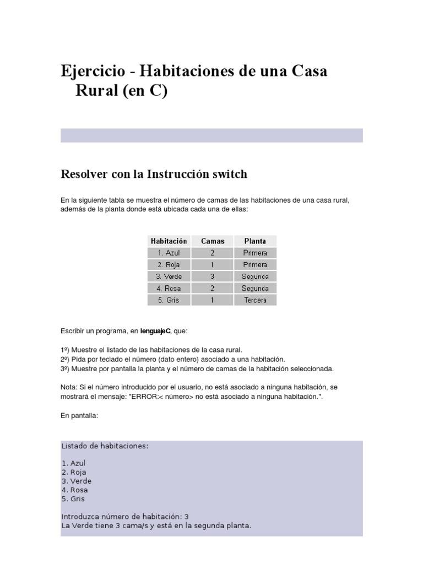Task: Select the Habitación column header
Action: point(169,241)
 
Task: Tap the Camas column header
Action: point(213,241)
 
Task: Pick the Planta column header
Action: point(254,241)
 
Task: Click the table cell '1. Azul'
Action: point(169,253)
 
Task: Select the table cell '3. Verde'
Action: point(169,276)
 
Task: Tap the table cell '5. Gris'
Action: point(169,300)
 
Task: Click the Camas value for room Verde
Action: point(213,276)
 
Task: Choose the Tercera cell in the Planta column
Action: point(254,300)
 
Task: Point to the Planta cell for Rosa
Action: point(254,288)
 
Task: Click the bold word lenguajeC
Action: point(155,332)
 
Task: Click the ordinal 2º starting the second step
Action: point(64,359)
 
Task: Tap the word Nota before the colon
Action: point(69,387)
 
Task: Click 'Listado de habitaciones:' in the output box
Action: point(105,446)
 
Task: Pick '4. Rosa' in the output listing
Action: point(75,490)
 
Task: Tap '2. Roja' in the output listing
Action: point(74,472)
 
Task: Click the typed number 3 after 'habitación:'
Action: point(187,517)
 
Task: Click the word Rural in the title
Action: point(99,91)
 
